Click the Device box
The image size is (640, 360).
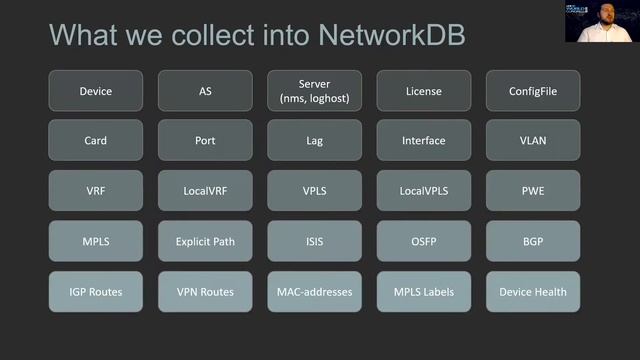[x=96, y=91]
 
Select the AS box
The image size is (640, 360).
[x=205, y=91]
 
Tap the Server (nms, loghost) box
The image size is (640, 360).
[x=314, y=91]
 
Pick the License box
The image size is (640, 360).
[x=423, y=91]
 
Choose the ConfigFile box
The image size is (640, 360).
[x=532, y=91]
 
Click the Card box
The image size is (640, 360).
[x=96, y=141]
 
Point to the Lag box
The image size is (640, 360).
[x=314, y=141]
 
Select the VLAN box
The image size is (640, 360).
[x=532, y=141]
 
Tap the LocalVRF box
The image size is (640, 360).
[x=205, y=191]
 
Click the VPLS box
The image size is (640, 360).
[x=314, y=191]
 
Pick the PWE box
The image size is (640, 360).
[x=532, y=191]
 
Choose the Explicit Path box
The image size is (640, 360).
[x=205, y=241]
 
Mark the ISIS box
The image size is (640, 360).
[x=314, y=241]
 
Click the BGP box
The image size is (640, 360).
[x=532, y=241]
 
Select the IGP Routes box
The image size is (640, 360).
[x=96, y=291]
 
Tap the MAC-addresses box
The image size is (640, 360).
[x=314, y=291]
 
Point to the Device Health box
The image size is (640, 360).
[x=532, y=291]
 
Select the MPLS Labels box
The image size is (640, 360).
[x=423, y=291]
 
